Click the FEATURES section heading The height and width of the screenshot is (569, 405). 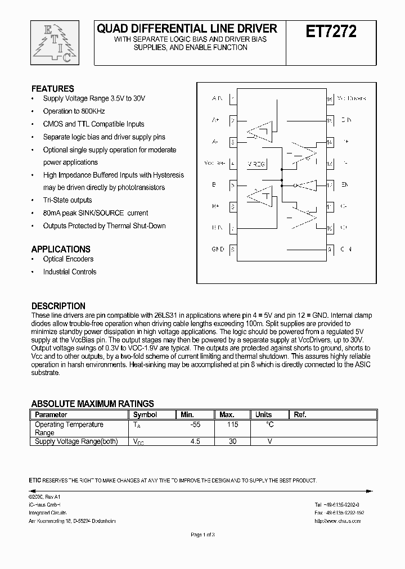pyautogui.click(x=52, y=89)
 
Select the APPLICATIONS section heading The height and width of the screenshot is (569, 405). pyautogui.click(x=60, y=249)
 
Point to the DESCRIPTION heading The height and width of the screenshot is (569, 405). pyautogui.click(x=58, y=306)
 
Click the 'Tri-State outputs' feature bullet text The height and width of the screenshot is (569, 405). pyautogui.click(x=67, y=200)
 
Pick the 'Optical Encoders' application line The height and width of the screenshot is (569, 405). pyautogui.click(x=68, y=259)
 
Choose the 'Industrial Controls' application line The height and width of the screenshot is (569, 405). pyautogui.click(x=69, y=272)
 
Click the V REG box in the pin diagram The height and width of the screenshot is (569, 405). pyautogui.click(x=256, y=164)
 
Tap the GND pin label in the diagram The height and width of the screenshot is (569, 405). pyautogui.click(x=218, y=249)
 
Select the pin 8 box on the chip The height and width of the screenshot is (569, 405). pyautogui.click(x=233, y=249)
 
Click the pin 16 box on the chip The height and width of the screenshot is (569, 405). pyautogui.click(x=330, y=98)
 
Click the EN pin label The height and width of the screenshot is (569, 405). pyautogui.click(x=345, y=185)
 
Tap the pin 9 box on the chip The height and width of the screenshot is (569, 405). pyautogui.click(x=330, y=249)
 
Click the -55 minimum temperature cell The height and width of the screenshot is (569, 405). pyautogui.click(x=195, y=425)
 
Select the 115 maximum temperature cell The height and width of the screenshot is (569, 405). pyautogui.click(x=232, y=425)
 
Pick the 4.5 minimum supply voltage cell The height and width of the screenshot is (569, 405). pyautogui.click(x=195, y=442)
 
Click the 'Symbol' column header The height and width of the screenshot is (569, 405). pyautogui.click(x=145, y=415)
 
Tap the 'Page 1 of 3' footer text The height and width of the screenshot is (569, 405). pyautogui.click(x=203, y=535)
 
